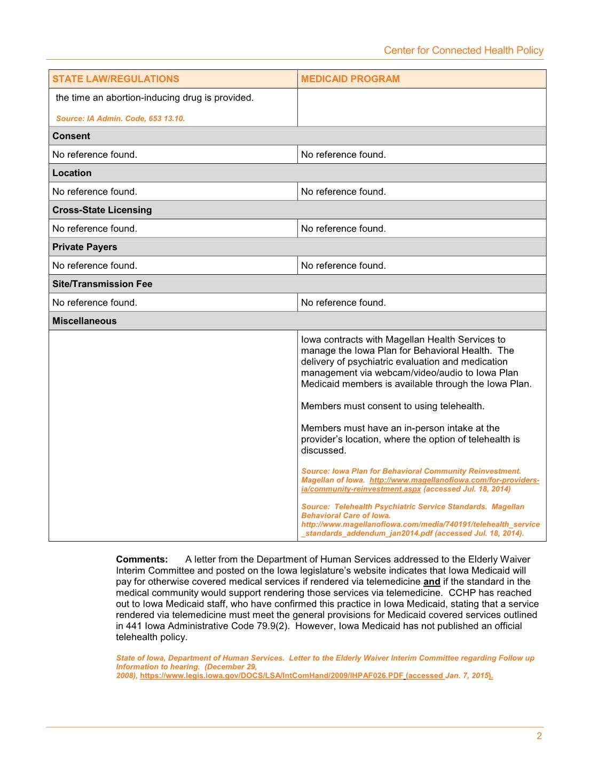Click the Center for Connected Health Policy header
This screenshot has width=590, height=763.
click(463, 51)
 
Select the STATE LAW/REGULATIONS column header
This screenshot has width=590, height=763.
click(116, 79)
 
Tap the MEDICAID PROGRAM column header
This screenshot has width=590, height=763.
click(350, 79)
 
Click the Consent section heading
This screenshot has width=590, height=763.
click(71, 136)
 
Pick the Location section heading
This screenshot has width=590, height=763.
click(72, 173)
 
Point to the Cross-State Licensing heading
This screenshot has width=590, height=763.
click(102, 210)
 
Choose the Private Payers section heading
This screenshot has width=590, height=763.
click(84, 247)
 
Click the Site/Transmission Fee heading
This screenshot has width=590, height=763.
click(102, 284)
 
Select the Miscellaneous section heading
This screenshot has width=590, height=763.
click(84, 321)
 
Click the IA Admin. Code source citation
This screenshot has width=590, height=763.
click(120, 118)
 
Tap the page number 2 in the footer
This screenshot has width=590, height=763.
click(539, 736)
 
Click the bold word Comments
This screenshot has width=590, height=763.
click(142, 560)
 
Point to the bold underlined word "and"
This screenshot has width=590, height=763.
click(431, 582)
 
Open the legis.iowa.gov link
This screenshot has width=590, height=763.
click(272, 675)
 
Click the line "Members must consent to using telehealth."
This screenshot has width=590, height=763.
click(392, 406)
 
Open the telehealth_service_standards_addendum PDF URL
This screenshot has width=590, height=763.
click(420, 529)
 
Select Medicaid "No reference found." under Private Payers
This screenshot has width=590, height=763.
click(343, 266)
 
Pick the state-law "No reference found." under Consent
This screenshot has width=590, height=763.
click(95, 155)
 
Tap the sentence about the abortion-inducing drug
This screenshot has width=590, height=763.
click(155, 98)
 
